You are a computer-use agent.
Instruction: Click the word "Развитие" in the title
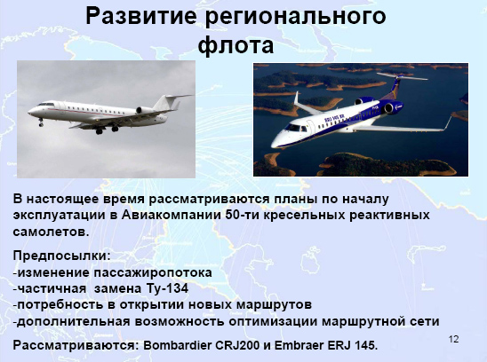click(141, 17)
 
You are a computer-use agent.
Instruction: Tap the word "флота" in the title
click(236, 45)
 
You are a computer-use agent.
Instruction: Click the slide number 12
click(453, 339)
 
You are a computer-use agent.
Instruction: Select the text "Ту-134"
click(166, 288)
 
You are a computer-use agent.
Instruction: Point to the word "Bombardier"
click(177, 345)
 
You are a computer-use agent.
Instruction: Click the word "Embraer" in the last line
click(299, 345)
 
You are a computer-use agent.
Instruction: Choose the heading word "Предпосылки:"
click(62, 256)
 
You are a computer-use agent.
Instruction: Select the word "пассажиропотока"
click(153, 273)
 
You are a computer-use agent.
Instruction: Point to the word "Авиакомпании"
click(171, 215)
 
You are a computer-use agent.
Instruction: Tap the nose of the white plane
click(30, 111)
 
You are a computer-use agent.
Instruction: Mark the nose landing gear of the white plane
click(41, 122)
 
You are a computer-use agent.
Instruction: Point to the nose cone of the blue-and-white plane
click(275, 142)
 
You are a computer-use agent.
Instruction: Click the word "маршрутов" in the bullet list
click(274, 305)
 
